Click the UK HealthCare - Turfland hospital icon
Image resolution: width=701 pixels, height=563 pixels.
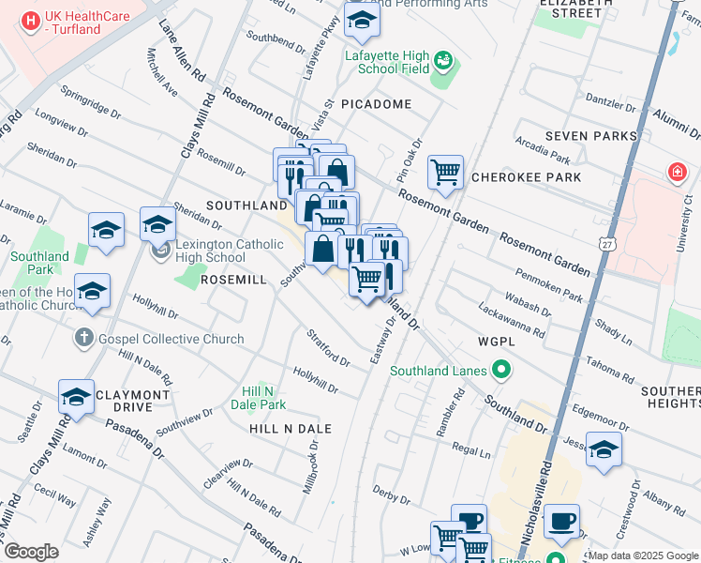pyautogui.click(x=32, y=20)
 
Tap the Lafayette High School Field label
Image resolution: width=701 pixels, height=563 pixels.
pyautogui.click(x=386, y=62)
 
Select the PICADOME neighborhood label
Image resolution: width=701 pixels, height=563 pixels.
pyautogui.click(x=376, y=104)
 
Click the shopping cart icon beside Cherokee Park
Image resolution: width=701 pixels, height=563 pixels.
pyautogui.click(x=446, y=171)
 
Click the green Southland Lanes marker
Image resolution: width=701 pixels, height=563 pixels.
pyautogui.click(x=501, y=370)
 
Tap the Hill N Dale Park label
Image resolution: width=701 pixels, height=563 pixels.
pyautogui.click(x=263, y=398)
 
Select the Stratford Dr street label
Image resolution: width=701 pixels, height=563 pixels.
pyautogui.click(x=328, y=347)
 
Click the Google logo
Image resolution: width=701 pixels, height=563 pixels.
pyautogui.click(x=31, y=552)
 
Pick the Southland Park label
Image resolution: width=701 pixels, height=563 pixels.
pyautogui.click(x=39, y=263)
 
